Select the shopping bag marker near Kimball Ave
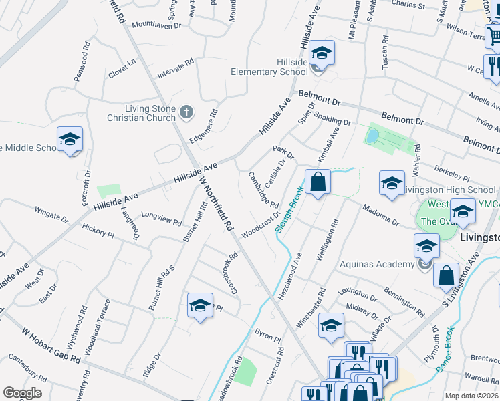point(318,182)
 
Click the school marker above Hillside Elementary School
point(322,54)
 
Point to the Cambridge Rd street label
point(263,189)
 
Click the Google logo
point(22,393)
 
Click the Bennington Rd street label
point(404,302)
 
